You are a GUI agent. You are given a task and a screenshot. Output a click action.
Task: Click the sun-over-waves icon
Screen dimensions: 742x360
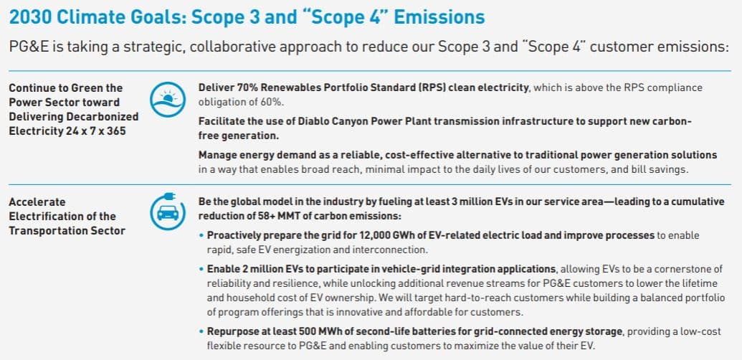(168, 100)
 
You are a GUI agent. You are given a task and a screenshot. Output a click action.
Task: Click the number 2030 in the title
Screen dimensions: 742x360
(30, 17)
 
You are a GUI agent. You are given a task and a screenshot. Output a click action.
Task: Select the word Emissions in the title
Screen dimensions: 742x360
(439, 17)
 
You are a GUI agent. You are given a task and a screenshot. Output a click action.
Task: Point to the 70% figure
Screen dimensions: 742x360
(238, 87)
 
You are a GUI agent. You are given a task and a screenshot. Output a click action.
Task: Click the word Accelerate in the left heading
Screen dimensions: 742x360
(37, 202)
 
